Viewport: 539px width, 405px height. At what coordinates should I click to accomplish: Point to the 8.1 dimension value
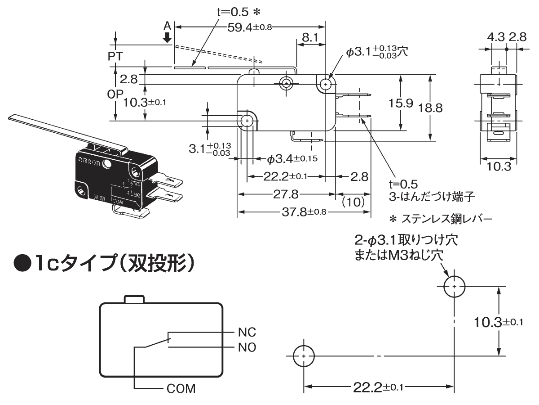(310, 38)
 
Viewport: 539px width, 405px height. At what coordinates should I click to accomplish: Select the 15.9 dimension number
(402, 103)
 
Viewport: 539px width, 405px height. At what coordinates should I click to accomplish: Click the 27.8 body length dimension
(286, 194)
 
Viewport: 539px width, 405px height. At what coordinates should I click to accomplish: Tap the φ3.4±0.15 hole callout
(293, 158)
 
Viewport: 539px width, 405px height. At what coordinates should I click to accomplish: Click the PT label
(116, 57)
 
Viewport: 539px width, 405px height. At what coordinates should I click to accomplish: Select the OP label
(116, 94)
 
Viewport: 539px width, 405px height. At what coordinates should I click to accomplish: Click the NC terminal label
(247, 333)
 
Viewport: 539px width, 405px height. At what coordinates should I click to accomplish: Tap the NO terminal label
(247, 347)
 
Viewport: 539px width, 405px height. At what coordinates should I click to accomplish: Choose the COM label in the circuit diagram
(181, 388)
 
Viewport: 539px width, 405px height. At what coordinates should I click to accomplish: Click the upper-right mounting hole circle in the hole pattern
(455, 286)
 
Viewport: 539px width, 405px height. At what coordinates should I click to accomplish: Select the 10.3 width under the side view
(499, 166)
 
